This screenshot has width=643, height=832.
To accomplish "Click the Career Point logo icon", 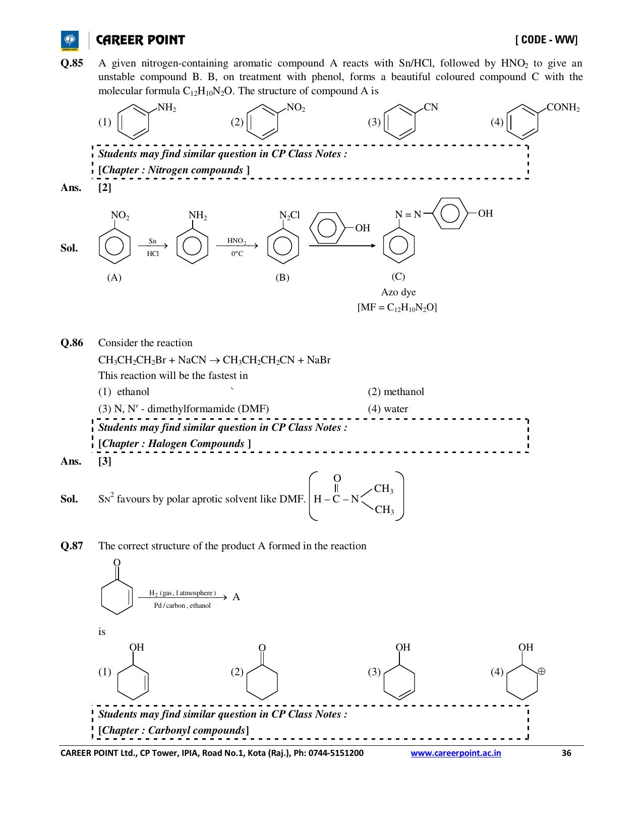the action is click(x=70, y=41).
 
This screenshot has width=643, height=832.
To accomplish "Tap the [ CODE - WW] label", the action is click(x=547, y=40).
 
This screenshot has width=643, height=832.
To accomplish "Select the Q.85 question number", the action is click(x=72, y=63).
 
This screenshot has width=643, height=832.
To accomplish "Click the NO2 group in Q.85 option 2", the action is click(x=296, y=107).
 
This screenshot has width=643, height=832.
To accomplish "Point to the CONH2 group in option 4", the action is click(x=563, y=107).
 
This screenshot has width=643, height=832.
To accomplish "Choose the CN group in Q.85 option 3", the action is click(x=431, y=107).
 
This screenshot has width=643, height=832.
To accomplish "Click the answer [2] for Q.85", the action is click(x=104, y=187).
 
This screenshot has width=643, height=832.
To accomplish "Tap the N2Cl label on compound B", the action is click(x=289, y=215).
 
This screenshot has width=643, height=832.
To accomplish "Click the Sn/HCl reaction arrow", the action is click(x=153, y=246).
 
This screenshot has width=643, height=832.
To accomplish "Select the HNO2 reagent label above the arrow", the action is click(x=237, y=241).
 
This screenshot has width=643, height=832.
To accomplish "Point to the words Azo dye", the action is click(x=398, y=292).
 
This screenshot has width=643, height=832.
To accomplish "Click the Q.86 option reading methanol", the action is click(x=396, y=392).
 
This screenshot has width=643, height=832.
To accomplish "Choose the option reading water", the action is click(x=388, y=409).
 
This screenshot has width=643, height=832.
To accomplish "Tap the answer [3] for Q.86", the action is click(x=104, y=462).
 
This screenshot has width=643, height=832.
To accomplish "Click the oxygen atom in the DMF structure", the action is click(x=337, y=478).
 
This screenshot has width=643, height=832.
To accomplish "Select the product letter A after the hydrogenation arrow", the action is click(x=236, y=597).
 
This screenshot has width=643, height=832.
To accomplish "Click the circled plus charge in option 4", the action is click(x=542, y=671).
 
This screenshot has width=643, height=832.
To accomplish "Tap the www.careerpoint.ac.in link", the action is click(x=455, y=753).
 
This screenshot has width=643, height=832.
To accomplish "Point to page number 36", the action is click(x=566, y=753).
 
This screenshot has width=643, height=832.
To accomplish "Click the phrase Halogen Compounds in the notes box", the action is click(x=196, y=443).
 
